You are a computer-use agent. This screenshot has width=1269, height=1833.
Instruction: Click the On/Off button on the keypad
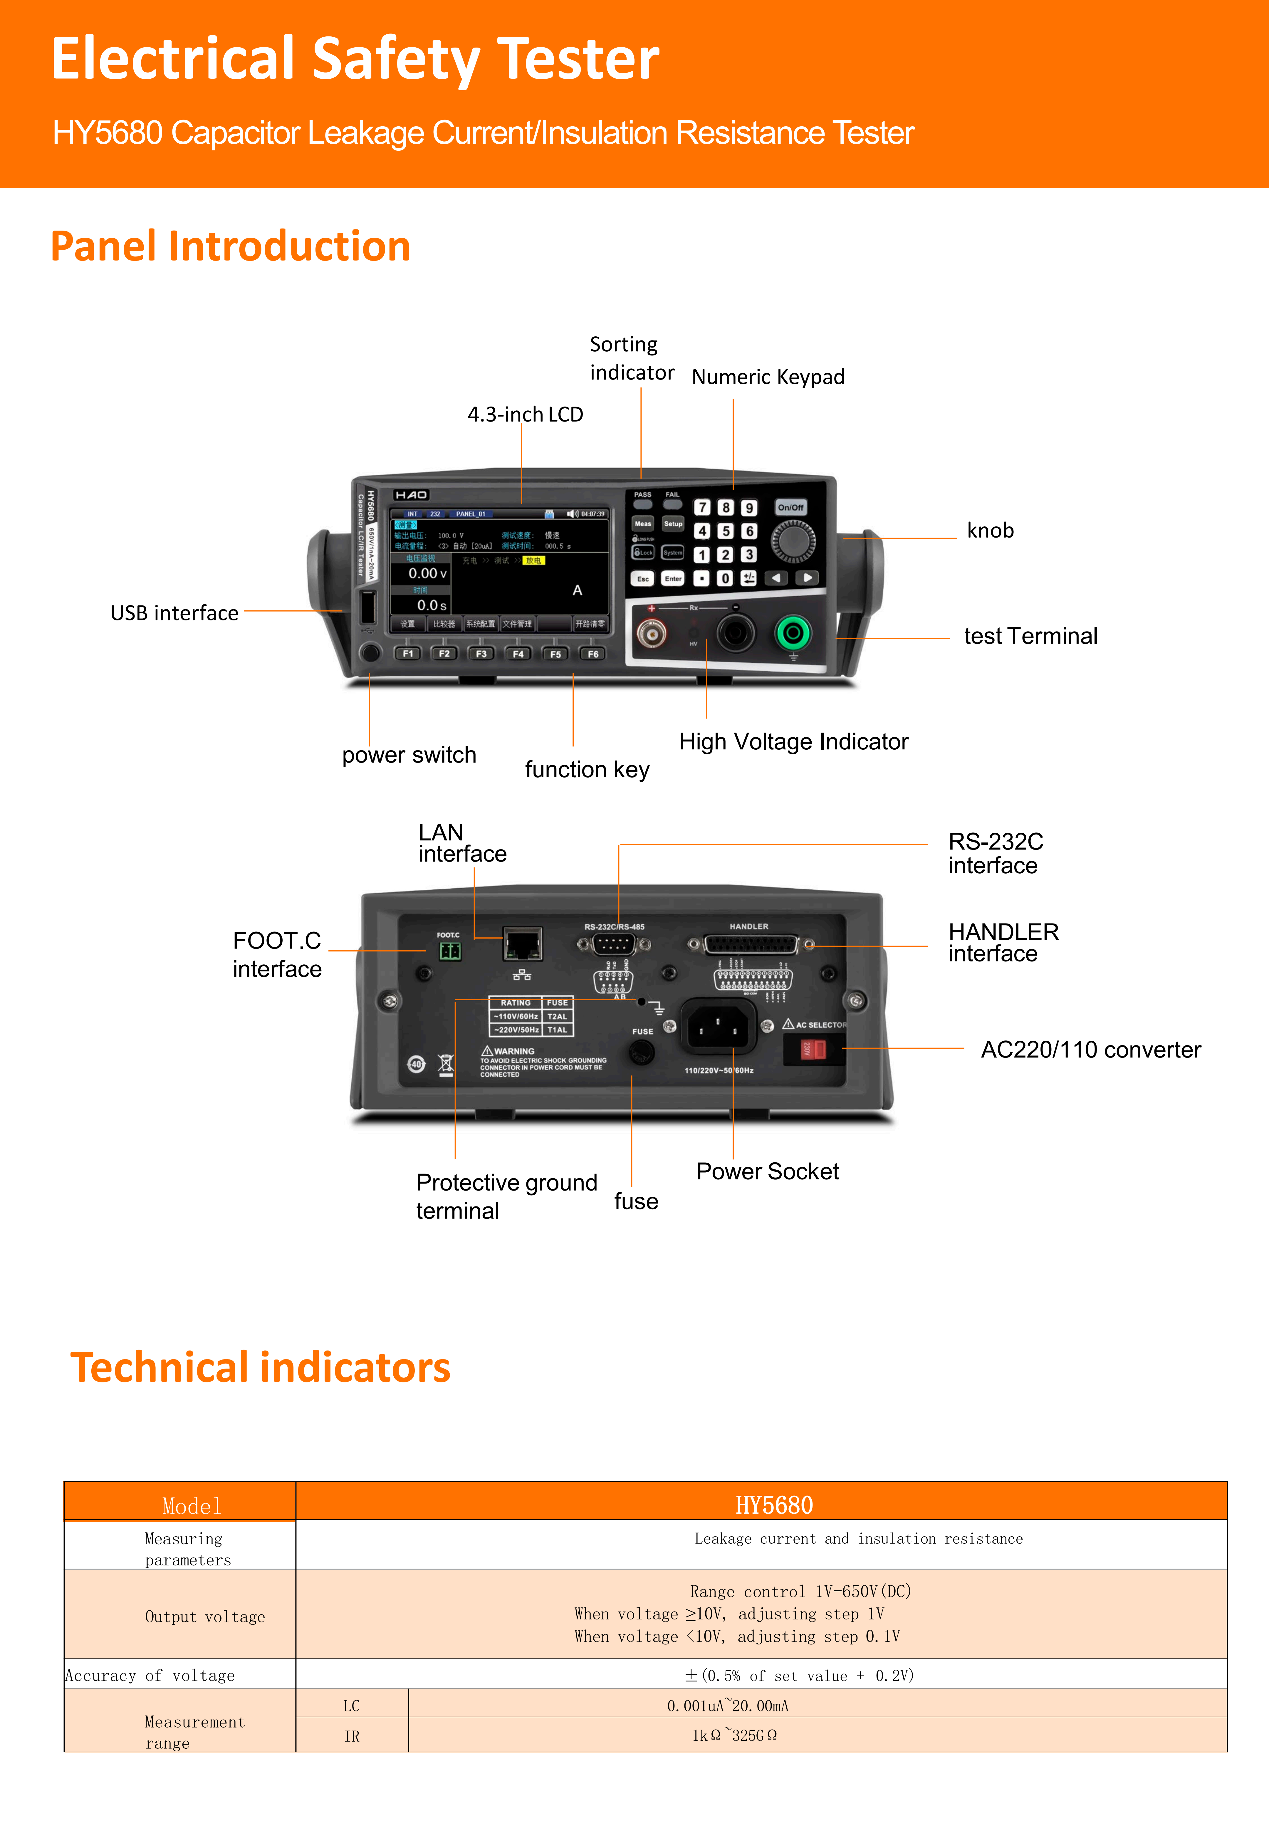790,507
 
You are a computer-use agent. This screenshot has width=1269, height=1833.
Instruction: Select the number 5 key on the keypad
725,531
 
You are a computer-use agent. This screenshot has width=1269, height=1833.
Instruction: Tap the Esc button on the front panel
642,579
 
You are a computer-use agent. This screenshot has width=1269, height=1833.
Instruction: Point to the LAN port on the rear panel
522,944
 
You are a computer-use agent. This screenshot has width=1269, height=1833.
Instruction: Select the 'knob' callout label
990,531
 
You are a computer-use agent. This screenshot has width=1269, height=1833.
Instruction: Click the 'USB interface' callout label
174,613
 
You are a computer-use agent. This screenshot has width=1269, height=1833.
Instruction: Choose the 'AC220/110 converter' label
1090,1050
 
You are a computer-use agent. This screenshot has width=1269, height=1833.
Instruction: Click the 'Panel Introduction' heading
231,246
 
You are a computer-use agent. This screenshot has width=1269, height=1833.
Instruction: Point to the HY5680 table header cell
774,1505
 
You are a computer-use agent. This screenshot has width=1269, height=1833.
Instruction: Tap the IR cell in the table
351,1736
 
